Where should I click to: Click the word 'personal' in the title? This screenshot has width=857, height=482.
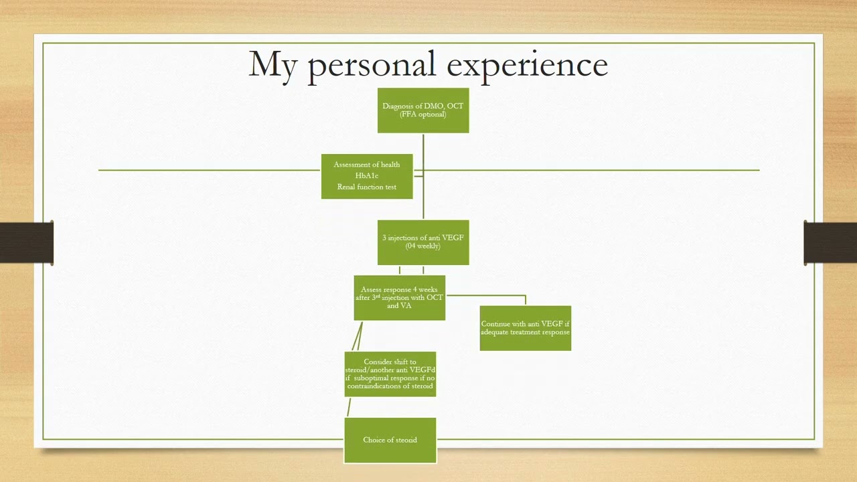[372, 65]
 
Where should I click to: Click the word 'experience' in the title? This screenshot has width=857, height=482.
[527, 65]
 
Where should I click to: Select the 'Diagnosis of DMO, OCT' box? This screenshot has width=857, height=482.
[423, 110]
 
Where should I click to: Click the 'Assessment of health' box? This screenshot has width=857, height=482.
[367, 176]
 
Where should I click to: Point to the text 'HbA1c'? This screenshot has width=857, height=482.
[367, 175]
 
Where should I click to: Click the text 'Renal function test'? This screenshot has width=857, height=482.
[367, 187]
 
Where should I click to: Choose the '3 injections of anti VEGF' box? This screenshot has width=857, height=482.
[423, 242]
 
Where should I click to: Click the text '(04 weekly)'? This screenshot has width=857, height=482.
[423, 246]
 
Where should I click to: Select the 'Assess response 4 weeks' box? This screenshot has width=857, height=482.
[400, 298]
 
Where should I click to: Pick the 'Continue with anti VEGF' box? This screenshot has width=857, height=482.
[526, 328]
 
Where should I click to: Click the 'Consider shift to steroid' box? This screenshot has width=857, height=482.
[390, 374]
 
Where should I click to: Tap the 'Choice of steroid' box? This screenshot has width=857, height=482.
[390, 440]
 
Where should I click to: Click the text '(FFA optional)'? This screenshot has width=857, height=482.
[423, 114]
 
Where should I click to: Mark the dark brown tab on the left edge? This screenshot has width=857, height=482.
[27, 242]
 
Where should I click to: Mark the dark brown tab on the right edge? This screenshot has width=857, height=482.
[830, 242]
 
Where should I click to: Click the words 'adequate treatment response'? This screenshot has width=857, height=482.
[526, 332]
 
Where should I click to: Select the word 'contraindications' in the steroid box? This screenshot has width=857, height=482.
[380, 386]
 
